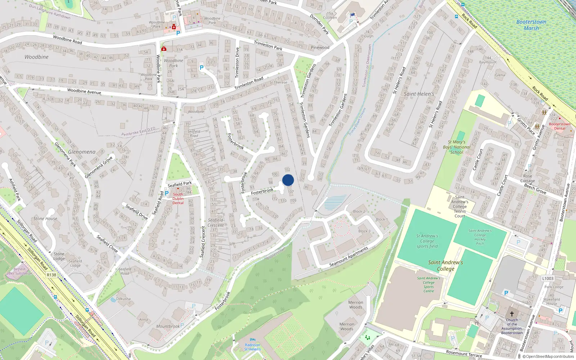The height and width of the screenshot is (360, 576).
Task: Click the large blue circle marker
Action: pyautogui.click(x=288, y=180)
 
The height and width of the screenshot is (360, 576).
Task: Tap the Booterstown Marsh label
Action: pyautogui.click(x=531, y=25)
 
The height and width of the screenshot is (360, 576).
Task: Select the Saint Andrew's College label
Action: pyautogui.click(x=446, y=266)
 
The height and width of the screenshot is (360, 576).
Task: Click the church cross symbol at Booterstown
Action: pyautogui.click(x=512, y=314)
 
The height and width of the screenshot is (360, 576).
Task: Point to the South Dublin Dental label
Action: pyautogui.click(x=178, y=198)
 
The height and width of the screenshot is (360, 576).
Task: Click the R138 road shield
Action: pyautogui.click(x=51, y=275)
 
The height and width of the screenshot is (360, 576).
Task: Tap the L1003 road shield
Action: pyautogui.click(x=548, y=278)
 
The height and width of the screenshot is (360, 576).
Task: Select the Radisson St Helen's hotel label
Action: pyautogui.click(x=252, y=347)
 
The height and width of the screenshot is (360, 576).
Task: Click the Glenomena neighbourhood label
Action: pyautogui.click(x=82, y=152)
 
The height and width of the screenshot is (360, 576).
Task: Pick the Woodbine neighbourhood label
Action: pyautogui.click(x=36, y=57)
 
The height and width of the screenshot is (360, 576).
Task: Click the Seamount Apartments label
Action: pyautogui.click(x=348, y=257)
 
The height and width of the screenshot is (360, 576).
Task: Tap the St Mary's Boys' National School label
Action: pyautogui.click(x=456, y=147)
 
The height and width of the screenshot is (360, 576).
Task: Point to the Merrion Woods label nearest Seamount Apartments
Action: pyautogui.click(x=356, y=305)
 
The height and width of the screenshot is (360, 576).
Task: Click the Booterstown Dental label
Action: pyautogui.click(x=559, y=126)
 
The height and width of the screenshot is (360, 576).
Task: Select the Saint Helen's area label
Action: pyautogui.click(x=419, y=94)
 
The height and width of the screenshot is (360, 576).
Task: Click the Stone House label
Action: pyautogui.click(x=45, y=219)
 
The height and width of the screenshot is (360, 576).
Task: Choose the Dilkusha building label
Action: pyautogui.click(x=123, y=299)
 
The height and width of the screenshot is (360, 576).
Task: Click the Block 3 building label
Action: pyautogui.click(x=364, y=231)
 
